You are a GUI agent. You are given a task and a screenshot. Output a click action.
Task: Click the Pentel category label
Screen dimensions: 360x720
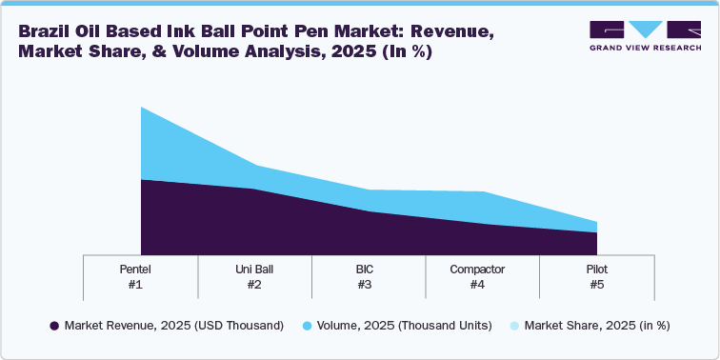pyautogui.click(x=140, y=270)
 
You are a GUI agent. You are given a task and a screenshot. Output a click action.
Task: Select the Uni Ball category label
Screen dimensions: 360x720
pyautogui.click(x=254, y=270)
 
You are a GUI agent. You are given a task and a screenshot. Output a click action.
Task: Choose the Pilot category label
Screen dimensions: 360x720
pyautogui.click(x=597, y=270)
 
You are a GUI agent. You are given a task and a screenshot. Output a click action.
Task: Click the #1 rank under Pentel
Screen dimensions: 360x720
pyautogui.click(x=140, y=285)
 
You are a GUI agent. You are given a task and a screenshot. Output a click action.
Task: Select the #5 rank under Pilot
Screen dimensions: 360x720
pyautogui.click(x=597, y=285)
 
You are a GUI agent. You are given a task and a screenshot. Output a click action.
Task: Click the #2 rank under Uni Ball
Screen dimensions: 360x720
pyautogui.click(x=254, y=285)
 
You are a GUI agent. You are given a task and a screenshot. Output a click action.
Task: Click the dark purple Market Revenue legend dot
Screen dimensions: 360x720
pyautogui.click(x=54, y=326)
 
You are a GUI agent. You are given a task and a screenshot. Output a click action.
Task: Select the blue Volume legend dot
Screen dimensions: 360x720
pyautogui.click(x=308, y=326)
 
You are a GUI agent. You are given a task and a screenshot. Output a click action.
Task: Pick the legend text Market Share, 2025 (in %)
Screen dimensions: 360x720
pyautogui.click(x=597, y=326)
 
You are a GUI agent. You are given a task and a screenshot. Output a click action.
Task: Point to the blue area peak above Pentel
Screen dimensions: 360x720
pyautogui.click(x=141, y=108)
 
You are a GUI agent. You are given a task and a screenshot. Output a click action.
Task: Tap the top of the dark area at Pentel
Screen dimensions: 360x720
pyautogui.click(x=141, y=179)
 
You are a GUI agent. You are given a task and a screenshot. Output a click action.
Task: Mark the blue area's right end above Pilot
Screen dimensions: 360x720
pyautogui.click(x=596, y=222)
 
